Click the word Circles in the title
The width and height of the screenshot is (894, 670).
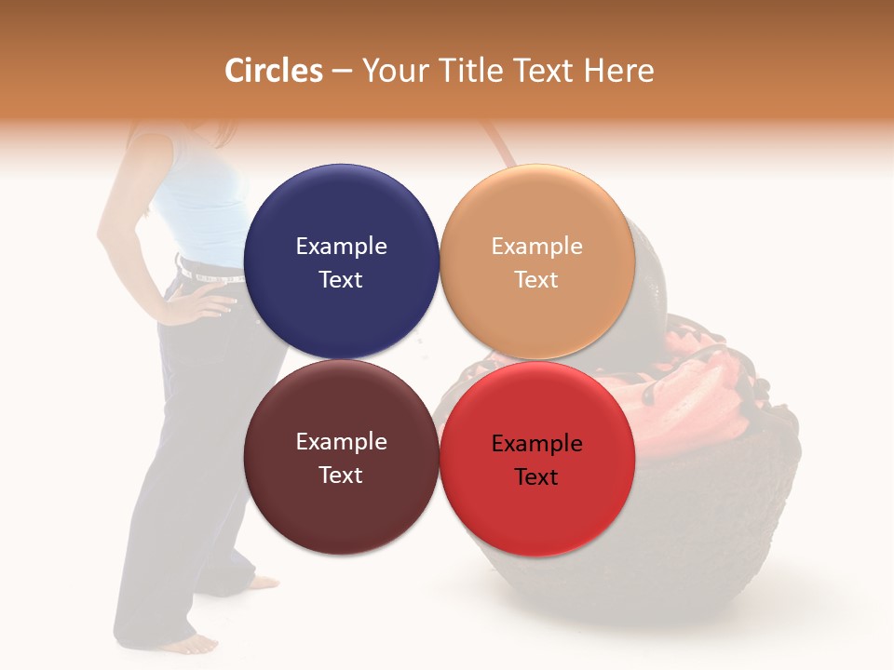tap(274, 71)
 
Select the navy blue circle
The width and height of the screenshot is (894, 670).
tap(341, 262)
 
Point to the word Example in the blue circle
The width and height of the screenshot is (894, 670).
tap(341, 247)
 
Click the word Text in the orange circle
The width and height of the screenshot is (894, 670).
tap(536, 280)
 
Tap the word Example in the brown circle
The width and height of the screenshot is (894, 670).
tap(341, 442)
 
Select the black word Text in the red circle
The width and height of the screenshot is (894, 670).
tap(536, 477)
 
